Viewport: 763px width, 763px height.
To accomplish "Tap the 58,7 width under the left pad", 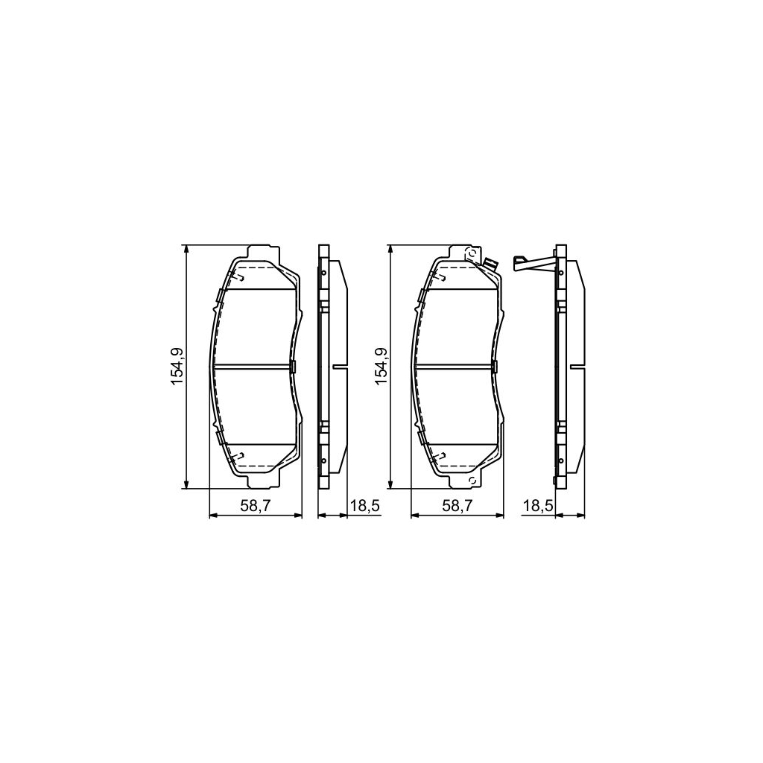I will coord(255,506).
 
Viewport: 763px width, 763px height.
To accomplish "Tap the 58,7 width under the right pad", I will coord(458,506).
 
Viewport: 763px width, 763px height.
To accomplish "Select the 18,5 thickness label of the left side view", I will coord(365,506).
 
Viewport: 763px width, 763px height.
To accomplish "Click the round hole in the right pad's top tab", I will coord(471,256).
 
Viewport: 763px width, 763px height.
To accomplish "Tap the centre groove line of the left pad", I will coord(253,366).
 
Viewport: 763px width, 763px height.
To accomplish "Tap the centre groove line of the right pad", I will coord(455,366).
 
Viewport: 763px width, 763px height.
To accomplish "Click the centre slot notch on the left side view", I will coord(341,366).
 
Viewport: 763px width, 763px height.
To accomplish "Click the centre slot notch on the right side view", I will coord(577,366).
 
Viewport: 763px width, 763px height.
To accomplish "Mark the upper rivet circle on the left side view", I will coord(323,273).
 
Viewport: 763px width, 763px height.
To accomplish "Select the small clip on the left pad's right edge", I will coord(294,366).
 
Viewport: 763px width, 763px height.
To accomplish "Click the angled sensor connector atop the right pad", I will coord(490,264).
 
